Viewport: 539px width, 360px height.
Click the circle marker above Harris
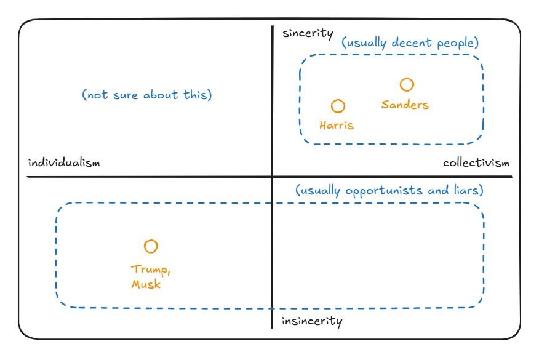click(338, 106)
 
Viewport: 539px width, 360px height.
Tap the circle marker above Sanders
click(407, 84)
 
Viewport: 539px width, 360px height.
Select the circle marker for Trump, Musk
click(151, 247)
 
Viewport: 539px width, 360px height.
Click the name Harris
click(337, 126)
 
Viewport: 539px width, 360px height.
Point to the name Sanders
click(405, 105)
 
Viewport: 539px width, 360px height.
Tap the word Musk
click(146, 284)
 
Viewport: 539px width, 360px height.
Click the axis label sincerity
click(308, 33)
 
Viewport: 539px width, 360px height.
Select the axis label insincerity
click(311, 321)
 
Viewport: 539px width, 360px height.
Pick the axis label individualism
click(64, 163)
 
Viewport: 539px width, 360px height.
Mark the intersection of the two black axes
click(272, 177)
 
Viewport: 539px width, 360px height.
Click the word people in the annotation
click(457, 44)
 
